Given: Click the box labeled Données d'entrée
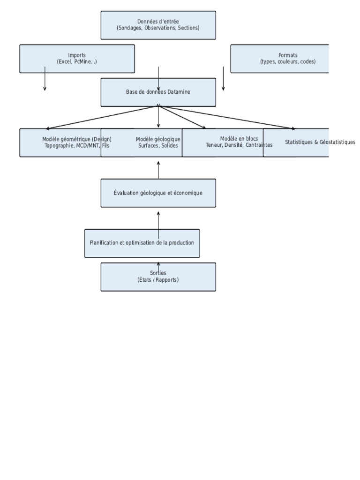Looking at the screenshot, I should [x=158, y=25].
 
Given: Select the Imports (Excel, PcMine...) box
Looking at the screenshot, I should [x=77, y=59].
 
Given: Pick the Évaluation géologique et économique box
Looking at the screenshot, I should [x=158, y=193].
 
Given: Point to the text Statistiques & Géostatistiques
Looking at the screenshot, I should [x=320, y=142].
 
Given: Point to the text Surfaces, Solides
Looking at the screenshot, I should [x=158, y=146].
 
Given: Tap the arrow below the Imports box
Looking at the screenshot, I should [x=45, y=80].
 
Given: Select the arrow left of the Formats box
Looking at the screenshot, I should [x=223, y=79].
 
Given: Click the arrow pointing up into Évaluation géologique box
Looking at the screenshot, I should [x=158, y=220].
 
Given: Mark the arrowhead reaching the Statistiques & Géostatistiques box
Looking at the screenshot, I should [x=293, y=128].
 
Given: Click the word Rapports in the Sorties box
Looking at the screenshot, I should [x=167, y=280].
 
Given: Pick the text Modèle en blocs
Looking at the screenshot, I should [x=239, y=139].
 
